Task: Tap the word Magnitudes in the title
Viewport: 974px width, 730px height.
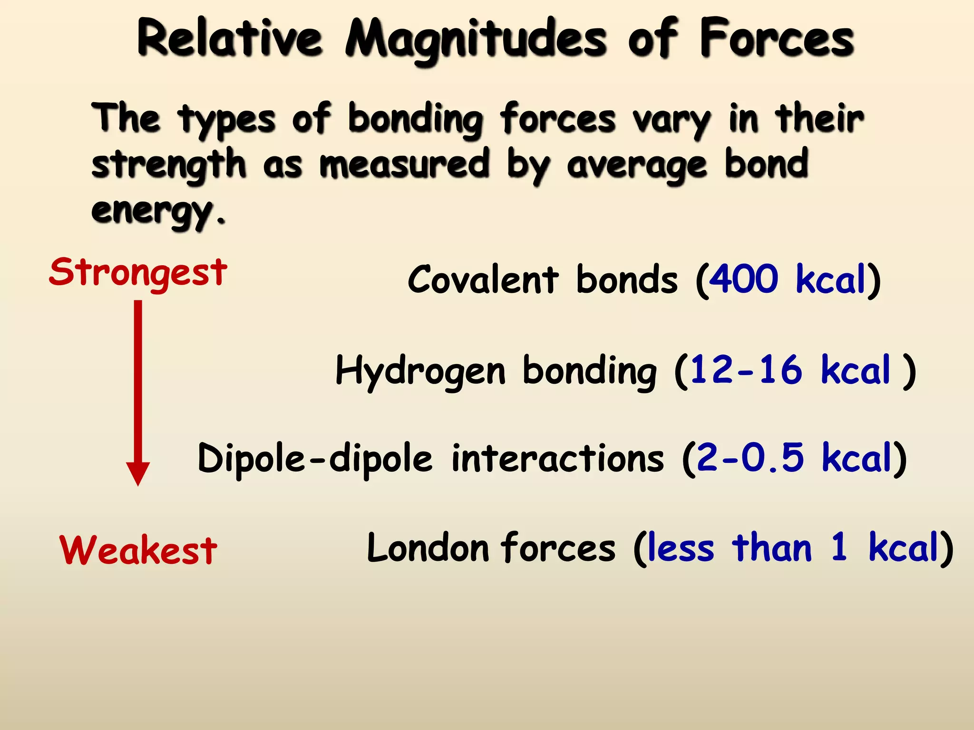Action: tap(476, 40)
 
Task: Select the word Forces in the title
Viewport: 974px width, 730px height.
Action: tap(776, 38)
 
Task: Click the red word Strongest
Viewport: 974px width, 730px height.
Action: tap(138, 273)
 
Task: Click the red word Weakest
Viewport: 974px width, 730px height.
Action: tap(138, 550)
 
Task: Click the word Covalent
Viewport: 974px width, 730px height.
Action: tap(483, 279)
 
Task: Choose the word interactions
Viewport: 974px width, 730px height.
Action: tap(557, 459)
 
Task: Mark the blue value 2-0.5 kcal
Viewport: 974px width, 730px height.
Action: tap(793, 459)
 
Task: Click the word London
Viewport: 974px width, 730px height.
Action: tap(428, 548)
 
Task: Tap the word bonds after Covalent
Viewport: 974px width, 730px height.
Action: tap(626, 279)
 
